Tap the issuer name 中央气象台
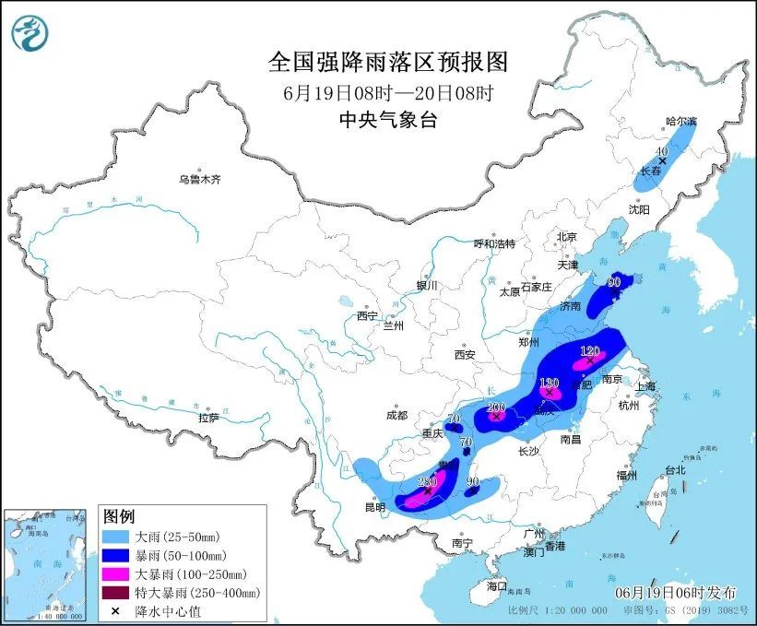(x=387, y=118)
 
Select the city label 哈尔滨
(x=683, y=122)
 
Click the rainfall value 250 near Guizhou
(x=427, y=482)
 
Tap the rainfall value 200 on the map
(x=496, y=407)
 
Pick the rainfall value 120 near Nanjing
(x=590, y=351)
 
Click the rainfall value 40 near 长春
(x=660, y=151)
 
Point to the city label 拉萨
(x=208, y=418)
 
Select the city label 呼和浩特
(x=494, y=243)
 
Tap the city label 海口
(x=497, y=585)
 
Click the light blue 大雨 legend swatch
(x=116, y=536)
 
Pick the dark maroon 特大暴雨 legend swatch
(x=116, y=592)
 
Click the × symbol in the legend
(x=116, y=610)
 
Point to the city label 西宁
(x=368, y=316)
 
